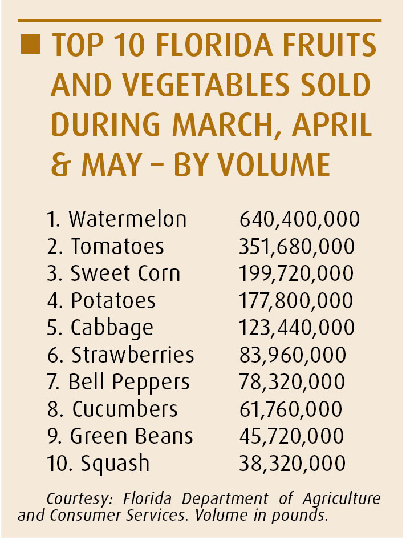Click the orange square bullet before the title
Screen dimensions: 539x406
30,45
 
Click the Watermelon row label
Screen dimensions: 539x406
127,219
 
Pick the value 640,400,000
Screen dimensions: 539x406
299,219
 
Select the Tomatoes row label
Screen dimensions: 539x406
117,247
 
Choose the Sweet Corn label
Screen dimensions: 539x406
125,273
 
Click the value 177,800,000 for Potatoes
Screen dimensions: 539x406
297,300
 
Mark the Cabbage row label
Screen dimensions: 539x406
112,328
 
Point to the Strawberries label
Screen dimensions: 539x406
133,355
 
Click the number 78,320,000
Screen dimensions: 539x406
292,382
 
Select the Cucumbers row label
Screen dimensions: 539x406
125,409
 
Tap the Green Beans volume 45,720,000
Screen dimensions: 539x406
292,436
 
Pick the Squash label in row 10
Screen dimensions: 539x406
115,463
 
